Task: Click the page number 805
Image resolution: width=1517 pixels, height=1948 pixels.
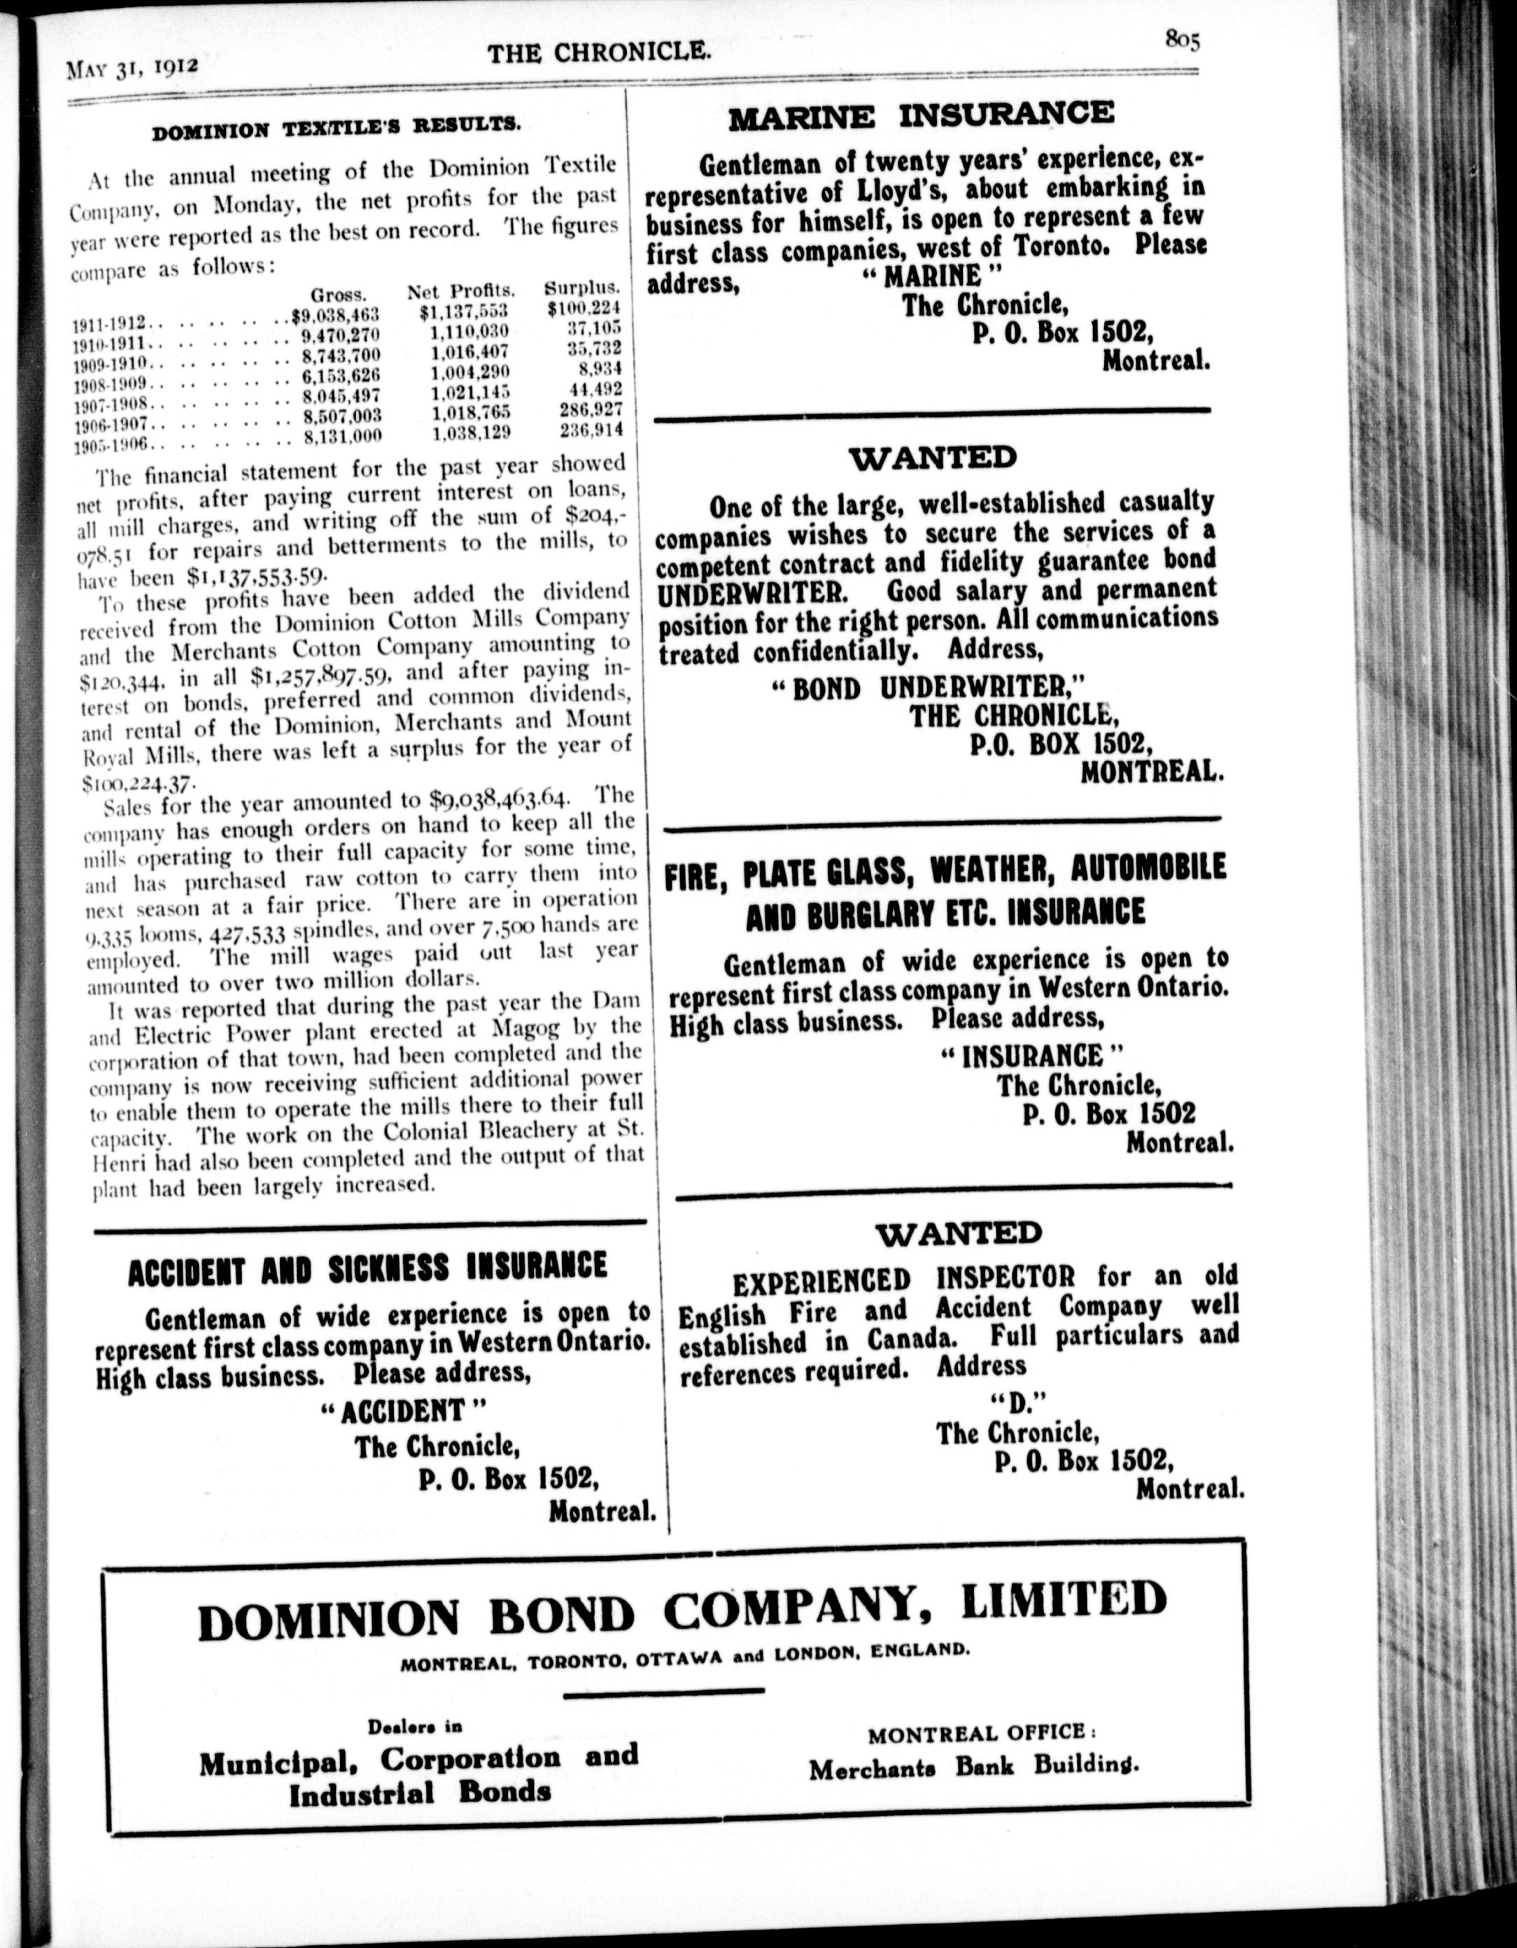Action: point(1183,40)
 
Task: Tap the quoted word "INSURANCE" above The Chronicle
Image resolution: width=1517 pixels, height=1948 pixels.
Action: point(1032,1057)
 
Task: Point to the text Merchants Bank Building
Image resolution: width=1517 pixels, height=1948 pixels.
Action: point(974,1767)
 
